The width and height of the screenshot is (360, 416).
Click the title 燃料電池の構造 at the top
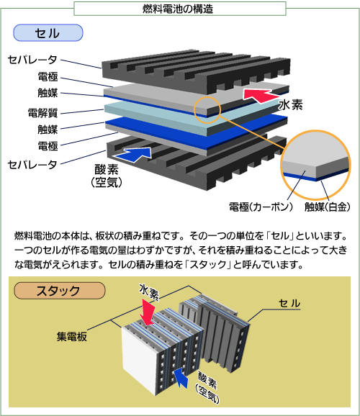[178, 9]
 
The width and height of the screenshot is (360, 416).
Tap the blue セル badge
[48, 33]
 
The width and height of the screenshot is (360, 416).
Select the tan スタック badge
[60, 291]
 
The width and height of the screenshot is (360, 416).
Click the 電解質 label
[42, 113]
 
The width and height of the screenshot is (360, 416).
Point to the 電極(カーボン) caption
[261, 207]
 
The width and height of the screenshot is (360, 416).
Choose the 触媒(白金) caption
[328, 207]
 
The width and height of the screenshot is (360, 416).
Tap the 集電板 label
[72, 337]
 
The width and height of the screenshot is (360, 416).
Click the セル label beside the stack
[289, 303]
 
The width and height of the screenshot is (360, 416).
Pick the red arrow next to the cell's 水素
[261, 95]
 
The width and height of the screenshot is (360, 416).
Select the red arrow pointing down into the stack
[148, 312]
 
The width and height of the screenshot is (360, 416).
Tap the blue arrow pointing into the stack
[181, 378]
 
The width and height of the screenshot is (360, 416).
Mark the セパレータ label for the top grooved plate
[32, 60]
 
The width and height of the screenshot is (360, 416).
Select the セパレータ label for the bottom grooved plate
[32, 165]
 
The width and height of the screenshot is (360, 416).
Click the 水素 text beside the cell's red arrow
[291, 105]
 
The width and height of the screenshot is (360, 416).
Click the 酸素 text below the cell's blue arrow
[107, 169]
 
